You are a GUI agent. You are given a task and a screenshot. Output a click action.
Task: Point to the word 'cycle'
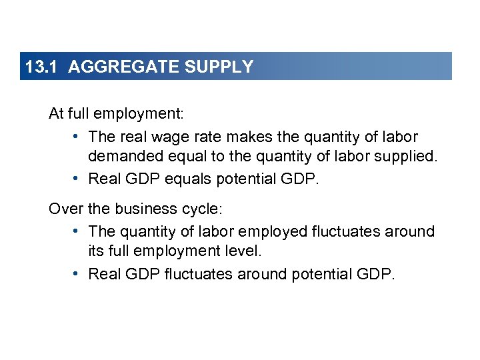(201, 209)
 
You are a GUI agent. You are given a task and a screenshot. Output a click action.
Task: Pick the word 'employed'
(274, 231)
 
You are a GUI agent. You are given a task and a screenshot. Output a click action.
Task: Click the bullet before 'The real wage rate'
(77, 137)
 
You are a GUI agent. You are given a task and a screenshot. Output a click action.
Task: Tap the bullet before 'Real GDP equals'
(77, 179)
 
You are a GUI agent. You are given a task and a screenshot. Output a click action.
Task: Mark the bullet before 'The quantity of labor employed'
(77, 231)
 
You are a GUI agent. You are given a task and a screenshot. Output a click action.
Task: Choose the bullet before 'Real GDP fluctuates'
(77, 273)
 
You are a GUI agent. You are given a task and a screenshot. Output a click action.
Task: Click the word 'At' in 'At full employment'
(56, 114)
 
